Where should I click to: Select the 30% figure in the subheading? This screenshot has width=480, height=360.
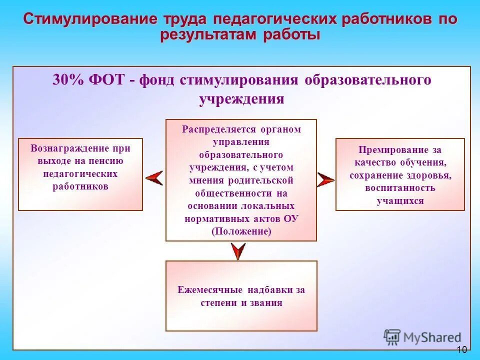pos(67,80)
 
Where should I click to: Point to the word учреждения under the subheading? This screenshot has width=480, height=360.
pos(241,98)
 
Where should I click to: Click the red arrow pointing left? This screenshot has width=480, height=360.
pos(154,177)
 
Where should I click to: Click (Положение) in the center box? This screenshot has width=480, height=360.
pos(241,231)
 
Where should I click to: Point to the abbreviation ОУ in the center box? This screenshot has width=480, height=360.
pos(291,218)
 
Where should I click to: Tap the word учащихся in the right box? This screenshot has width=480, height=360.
pos(400,201)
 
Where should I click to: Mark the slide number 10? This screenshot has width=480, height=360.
pos(461,349)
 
